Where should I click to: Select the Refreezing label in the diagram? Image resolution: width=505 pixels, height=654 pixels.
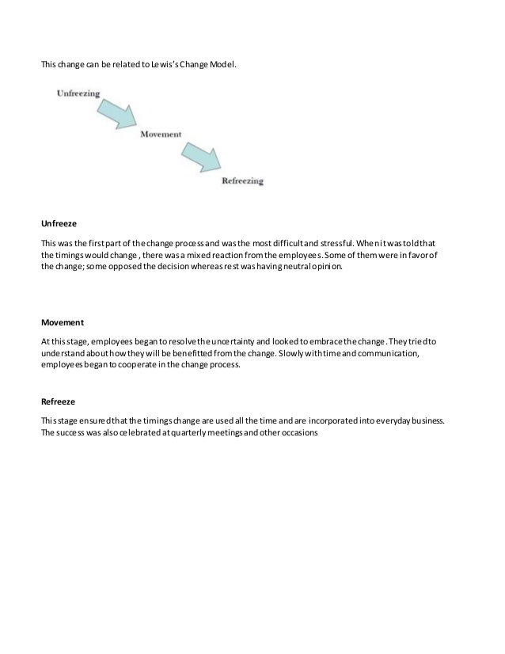point(242,181)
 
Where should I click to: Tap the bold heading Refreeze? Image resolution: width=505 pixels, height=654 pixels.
point(58,401)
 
